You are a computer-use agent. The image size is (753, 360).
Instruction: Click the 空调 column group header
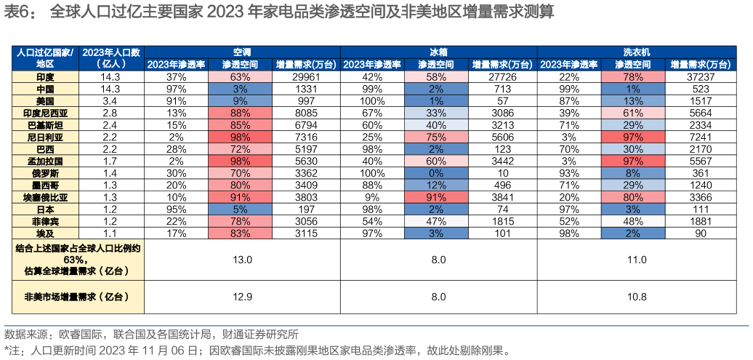click(242, 52)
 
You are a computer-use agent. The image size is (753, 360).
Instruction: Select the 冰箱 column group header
click(438, 52)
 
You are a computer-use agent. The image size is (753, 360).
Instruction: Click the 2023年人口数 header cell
click(111, 57)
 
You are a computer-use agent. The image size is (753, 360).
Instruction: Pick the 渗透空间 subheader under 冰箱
click(436, 64)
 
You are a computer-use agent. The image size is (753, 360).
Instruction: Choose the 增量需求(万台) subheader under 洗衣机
click(700, 64)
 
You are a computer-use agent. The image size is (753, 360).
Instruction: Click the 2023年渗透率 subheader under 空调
click(177, 64)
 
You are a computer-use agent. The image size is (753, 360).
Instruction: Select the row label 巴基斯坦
click(45, 125)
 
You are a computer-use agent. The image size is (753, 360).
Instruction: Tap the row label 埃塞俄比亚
click(45, 197)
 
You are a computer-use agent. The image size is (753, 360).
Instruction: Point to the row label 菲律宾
click(45, 221)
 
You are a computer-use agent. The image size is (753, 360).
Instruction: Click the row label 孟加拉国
click(45, 161)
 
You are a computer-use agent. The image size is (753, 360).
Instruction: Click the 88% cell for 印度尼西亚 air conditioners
click(240, 113)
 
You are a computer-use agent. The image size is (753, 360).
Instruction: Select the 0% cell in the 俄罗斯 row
click(436, 173)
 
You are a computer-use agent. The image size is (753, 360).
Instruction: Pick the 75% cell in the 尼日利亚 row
click(436, 137)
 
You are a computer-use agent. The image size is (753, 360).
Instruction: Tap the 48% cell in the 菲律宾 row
click(632, 221)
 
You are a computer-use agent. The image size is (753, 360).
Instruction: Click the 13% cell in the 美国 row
click(632, 100)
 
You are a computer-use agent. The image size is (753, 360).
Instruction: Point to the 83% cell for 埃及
click(240, 233)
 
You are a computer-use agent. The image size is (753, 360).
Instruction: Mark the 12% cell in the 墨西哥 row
click(436, 185)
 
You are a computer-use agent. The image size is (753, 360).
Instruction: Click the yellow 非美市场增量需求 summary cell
click(77, 297)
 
